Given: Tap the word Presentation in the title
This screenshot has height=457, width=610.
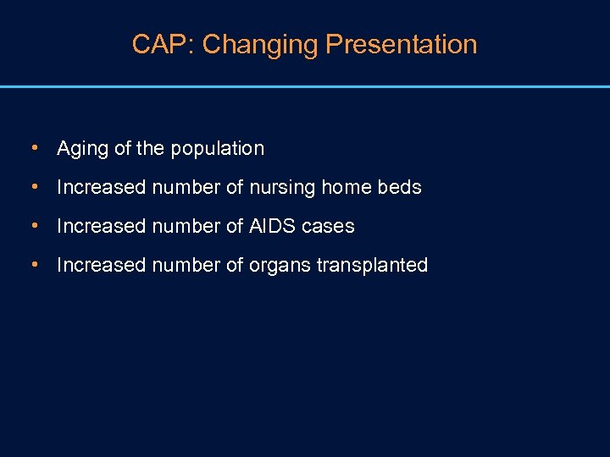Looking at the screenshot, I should click(402, 44).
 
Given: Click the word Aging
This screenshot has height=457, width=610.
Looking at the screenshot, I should click(82, 149).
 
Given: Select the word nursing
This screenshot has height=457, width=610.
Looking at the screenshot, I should click(282, 187).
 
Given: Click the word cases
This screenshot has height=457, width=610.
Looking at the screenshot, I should click(328, 226).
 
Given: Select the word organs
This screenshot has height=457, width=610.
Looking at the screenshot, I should click(280, 265).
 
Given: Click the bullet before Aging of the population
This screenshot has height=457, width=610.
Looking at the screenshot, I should click(33, 148).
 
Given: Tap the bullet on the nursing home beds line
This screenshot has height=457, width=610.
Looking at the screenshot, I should click(33, 187).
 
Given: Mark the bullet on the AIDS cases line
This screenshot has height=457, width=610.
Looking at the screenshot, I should click(33, 226).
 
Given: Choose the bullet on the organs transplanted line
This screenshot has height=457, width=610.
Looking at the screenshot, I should click(33, 265).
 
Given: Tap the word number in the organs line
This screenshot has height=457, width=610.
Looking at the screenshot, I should click(180, 265).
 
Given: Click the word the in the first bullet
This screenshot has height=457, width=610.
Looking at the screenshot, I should click(150, 149).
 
